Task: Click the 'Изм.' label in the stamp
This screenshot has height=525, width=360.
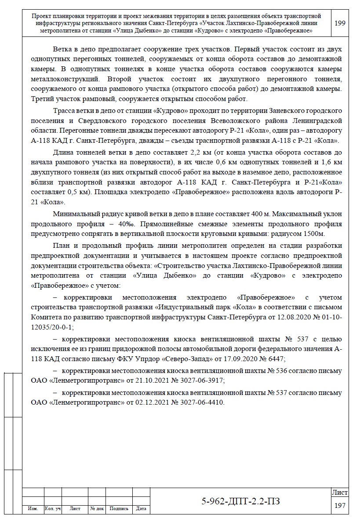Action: coord(33,509)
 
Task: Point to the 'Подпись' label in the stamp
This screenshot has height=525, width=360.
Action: coord(119,509)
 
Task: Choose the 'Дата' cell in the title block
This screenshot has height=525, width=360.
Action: coord(141,509)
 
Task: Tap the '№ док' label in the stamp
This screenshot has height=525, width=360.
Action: coord(97,509)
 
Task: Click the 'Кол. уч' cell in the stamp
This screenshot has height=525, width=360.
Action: coord(53,509)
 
